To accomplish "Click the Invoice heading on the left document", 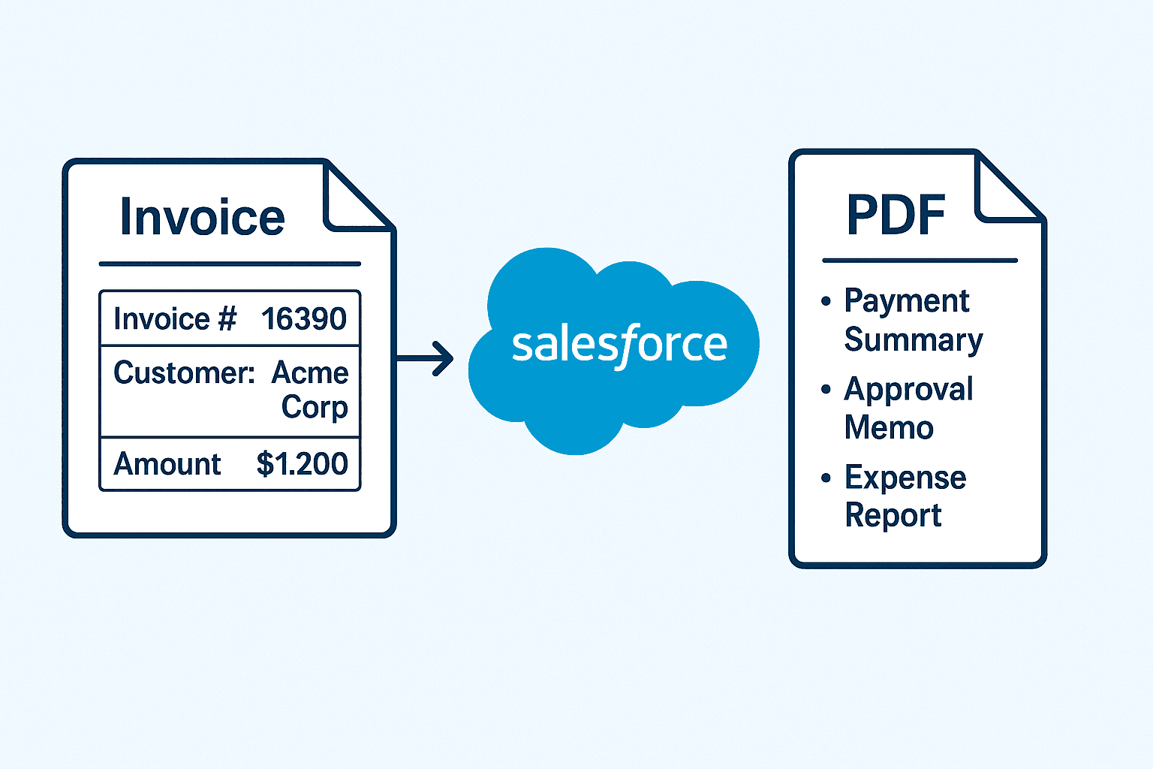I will coord(202,218).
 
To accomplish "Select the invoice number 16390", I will coord(303,319).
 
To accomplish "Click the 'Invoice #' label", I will coord(175,319).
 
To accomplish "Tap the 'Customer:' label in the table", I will coord(185,373).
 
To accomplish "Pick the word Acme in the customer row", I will coord(310,373).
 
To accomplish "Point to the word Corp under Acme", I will coord(315,407).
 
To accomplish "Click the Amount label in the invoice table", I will coord(167,464).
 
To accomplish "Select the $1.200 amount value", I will coord(302,464).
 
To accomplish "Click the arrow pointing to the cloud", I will coord(426,357).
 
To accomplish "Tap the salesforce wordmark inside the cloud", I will coord(619,345).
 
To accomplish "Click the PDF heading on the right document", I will coord(896,216).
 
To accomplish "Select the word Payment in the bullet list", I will coord(907,301).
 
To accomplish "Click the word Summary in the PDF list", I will coord(914,340).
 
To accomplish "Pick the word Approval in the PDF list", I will coord(908,390).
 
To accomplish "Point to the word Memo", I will coord(889,428).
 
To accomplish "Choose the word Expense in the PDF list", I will coord(905,478).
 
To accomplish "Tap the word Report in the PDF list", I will coord(893,516).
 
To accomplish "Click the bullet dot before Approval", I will coord(826,389).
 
